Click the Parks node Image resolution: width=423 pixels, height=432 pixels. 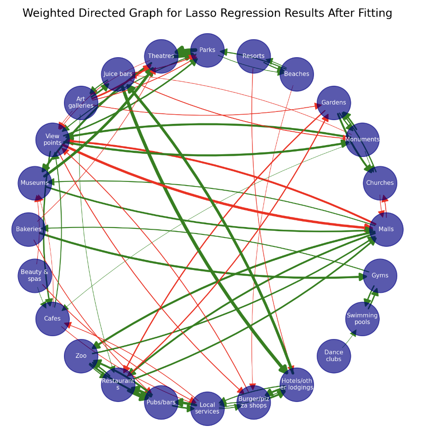(x=207, y=50)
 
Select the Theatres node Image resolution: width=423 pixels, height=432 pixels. (x=161, y=56)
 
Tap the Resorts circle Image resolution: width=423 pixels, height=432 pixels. (x=253, y=56)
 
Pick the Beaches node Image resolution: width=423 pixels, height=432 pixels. (x=297, y=74)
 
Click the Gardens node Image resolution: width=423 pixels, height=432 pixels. (x=334, y=103)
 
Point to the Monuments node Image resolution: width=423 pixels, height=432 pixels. (x=362, y=140)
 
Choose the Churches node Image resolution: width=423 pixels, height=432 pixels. (x=380, y=183)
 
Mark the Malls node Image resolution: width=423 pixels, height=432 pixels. (x=386, y=229)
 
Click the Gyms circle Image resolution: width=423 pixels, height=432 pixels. (x=380, y=275)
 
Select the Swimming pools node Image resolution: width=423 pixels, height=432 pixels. (x=362, y=319)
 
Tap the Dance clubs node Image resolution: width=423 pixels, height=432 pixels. (x=334, y=356)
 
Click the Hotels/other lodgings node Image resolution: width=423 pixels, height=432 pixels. (x=297, y=384)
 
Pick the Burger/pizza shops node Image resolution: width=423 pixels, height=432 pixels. (x=253, y=402)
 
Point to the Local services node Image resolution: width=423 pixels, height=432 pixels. (x=207, y=408)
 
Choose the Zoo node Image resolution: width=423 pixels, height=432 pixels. (x=81, y=356)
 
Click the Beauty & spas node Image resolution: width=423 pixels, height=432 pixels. (x=34, y=275)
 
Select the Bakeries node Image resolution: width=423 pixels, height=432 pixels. (x=29, y=229)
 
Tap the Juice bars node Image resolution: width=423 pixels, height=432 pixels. (x=118, y=74)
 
